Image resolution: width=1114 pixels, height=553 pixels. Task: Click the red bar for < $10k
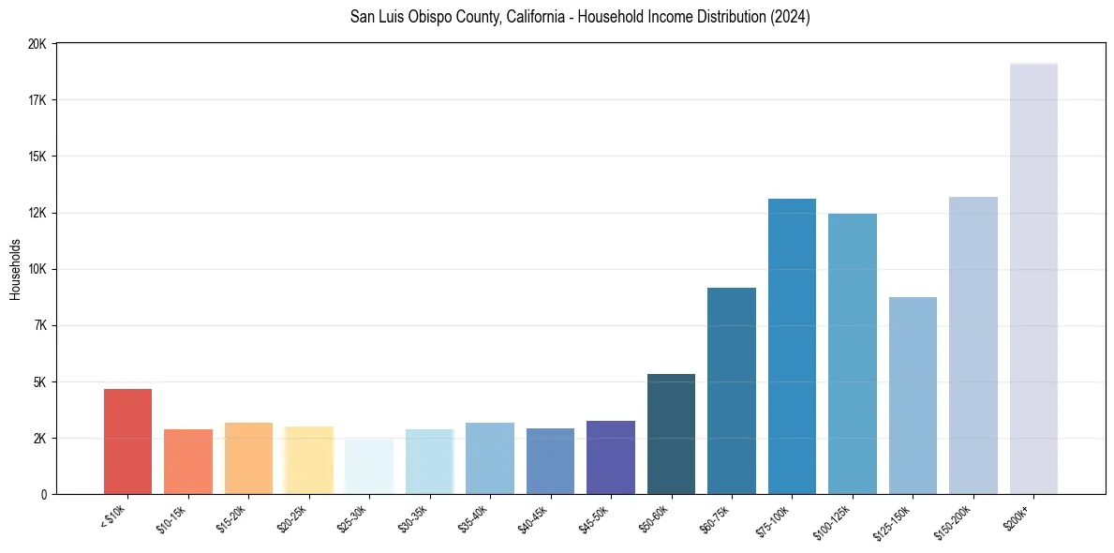[x=127, y=441]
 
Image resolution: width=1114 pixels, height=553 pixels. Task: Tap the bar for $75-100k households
[x=792, y=346]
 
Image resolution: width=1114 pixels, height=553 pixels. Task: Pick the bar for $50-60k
[x=671, y=434]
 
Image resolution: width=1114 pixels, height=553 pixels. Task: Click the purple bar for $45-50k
[x=611, y=457]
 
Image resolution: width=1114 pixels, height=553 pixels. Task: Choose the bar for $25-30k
[x=369, y=467]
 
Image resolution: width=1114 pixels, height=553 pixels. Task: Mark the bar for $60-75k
[x=732, y=391]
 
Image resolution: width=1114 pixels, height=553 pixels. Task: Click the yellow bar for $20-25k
[x=308, y=460]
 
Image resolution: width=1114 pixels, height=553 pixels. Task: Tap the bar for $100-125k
[x=853, y=353]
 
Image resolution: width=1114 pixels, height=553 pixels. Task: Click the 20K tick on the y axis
[x=37, y=44]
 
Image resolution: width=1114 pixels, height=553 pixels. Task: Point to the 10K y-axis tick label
[x=37, y=269]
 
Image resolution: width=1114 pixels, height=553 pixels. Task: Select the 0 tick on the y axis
[x=43, y=494]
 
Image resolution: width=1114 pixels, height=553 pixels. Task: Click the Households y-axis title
[x=16, y=269]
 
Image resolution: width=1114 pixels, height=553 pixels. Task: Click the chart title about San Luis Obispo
[x=580, y=17]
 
